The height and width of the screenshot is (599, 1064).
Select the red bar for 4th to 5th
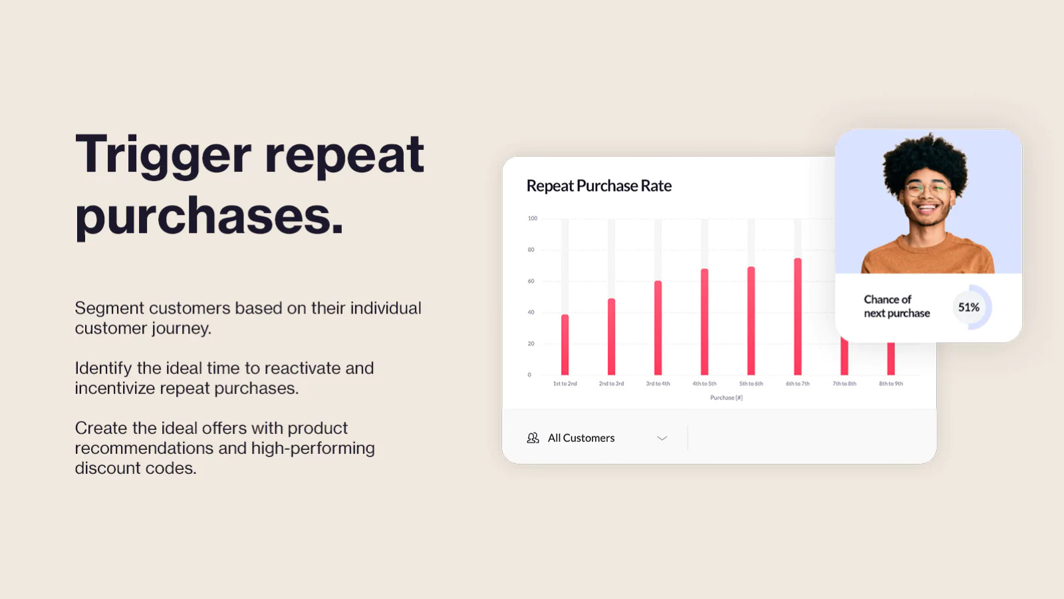pos(704,322)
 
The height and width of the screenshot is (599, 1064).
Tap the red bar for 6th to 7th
pos(797,317)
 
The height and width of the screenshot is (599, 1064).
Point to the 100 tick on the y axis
pos(533,218)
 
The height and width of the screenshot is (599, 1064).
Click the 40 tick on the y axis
pos(531,312)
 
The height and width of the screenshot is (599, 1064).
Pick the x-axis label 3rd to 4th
pos(658,384)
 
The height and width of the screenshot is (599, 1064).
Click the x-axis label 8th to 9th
pos(890,384)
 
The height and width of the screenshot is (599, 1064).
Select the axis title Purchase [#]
pos(726,398)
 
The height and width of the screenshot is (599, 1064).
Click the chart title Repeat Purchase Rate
pos(598,186)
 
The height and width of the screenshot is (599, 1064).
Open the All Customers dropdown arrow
pos(662,438)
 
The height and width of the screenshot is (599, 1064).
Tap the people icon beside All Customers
pos(533,438)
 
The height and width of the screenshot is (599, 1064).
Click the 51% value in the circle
pos(968,307)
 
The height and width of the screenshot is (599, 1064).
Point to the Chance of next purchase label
pos(896,307)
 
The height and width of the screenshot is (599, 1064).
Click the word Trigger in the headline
pos(163,155)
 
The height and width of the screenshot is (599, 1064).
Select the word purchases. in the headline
pos(209,216)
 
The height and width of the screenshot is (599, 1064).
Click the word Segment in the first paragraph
pos(109,308)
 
